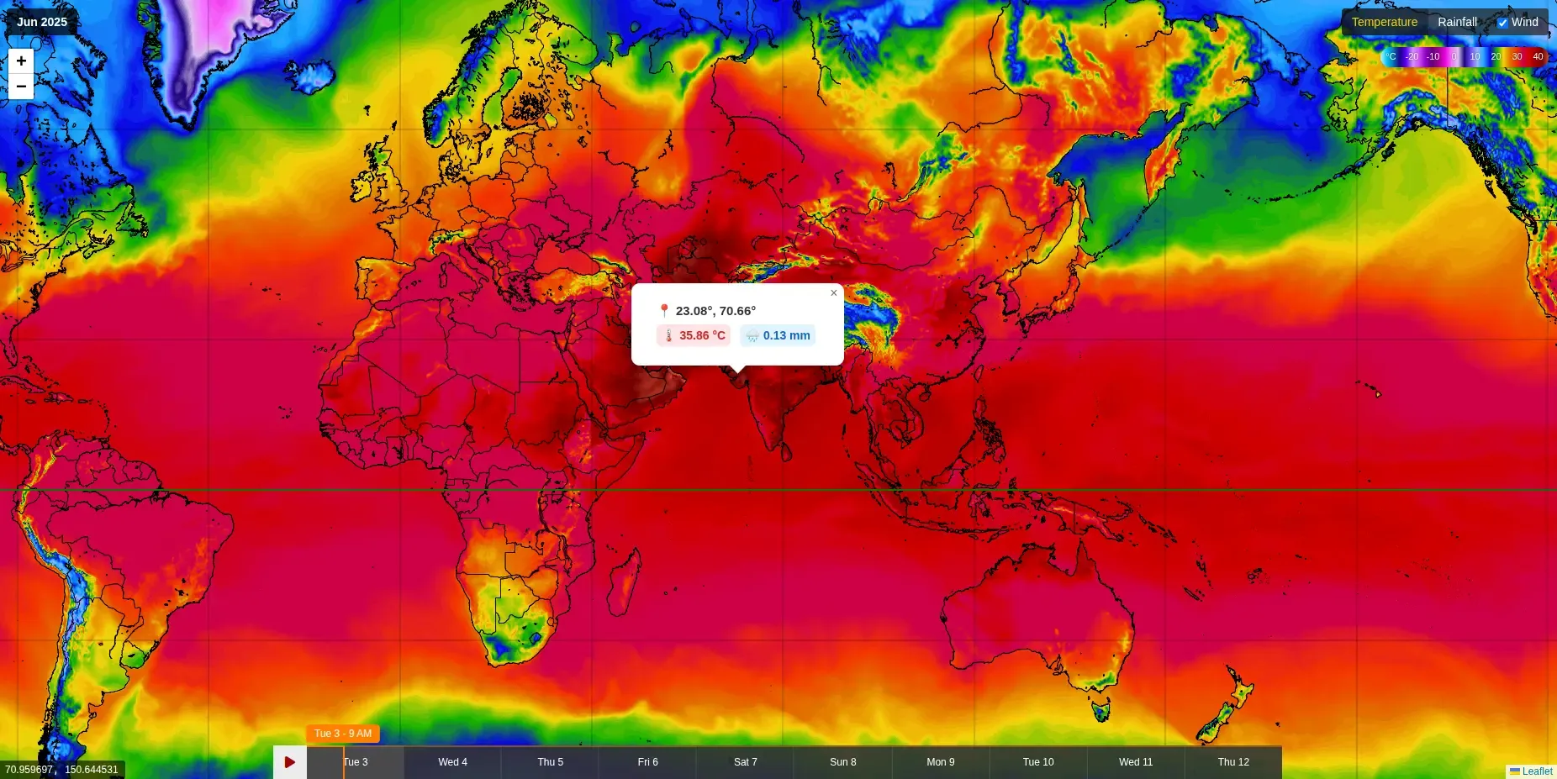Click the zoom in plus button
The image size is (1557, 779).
[x=21, y=61]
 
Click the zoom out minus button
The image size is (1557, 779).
[x=21, y=87]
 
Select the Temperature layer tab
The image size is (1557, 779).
[x=1384, y=22]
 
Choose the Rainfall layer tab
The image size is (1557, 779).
[x=1457, y=22]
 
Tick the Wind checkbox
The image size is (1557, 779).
[x=1502, y=23]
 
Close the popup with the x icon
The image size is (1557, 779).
[x=833, y=293]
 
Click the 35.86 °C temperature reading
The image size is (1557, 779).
[x=694, y=335]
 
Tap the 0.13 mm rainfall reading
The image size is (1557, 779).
[x=778, y=335]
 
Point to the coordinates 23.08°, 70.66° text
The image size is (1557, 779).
[x=715, y=311]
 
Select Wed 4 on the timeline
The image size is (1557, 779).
[x=452, y=762]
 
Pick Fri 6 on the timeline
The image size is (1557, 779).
[x=647, y=762]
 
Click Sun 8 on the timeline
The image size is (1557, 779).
[x=842, y=762]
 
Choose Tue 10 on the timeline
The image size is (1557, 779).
[x=1037, y=762]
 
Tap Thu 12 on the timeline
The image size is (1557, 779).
[x=1233, y=762]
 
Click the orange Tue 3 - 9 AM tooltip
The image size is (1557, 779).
[x=343, y=734]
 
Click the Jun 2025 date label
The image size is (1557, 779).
[x=42, y=22]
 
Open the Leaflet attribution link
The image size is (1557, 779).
[x=1536, y=771]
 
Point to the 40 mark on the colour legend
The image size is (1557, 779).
[x=1538, y=57]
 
